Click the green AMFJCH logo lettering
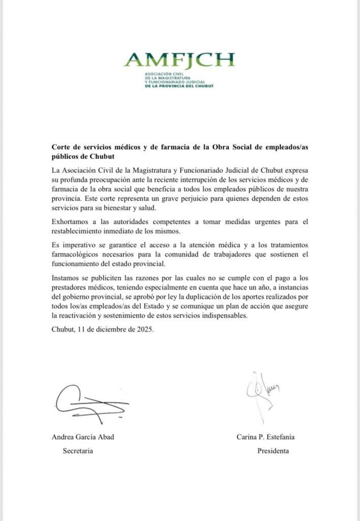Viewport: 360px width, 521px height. click(x=179, y=60)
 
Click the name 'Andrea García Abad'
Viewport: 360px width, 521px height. click(x=83, y=437)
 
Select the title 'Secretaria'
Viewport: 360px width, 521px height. click(x=78, y=451)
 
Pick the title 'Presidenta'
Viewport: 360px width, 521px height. click(x=273, y=451)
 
